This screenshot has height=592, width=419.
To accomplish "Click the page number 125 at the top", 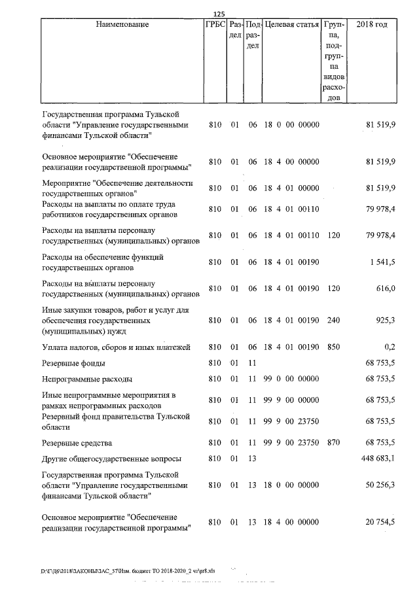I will click(219, 14).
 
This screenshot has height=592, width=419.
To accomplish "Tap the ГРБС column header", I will click(215, 25).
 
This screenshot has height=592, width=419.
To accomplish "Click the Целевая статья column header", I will click(291, 25).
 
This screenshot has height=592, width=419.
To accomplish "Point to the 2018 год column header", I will click(371, 25).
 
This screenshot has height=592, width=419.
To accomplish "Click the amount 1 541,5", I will click(382, 262).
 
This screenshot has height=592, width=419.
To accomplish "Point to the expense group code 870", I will click(333, 443).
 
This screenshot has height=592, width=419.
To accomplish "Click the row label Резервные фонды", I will click(74, 362).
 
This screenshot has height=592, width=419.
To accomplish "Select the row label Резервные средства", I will click(77, 443).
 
